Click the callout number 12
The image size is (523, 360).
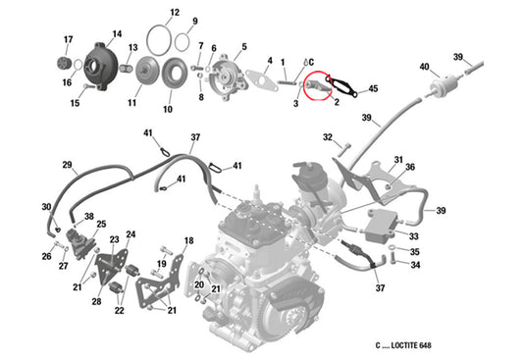click(174, 13)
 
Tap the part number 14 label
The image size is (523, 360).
click(117, 35)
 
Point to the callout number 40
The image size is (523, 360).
click(424, 67)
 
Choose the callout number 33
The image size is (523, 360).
click(415, 236)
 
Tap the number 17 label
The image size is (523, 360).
click(68, 40)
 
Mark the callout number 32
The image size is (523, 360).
click(329, 137)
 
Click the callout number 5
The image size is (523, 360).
click(243, 46)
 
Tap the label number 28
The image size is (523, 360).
click(96, 301)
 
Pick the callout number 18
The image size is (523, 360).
click(189, 240)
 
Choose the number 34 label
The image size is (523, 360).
click(415, 264)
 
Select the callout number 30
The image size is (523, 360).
click(45, 207)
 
